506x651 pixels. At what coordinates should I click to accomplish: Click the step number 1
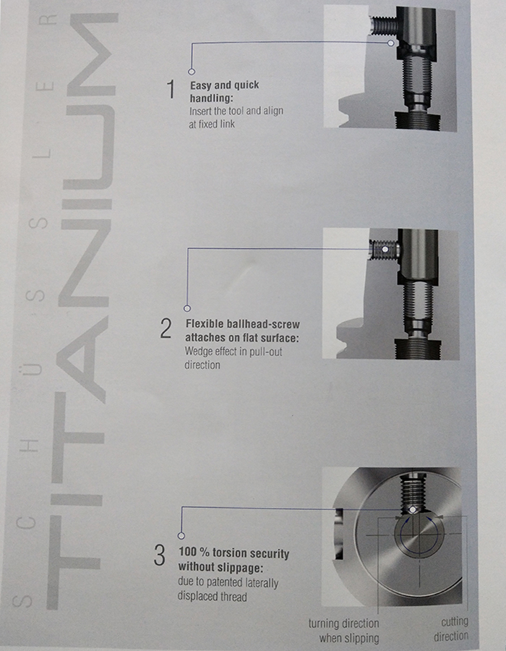pos(171,90)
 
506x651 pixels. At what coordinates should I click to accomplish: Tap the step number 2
pos(166,329)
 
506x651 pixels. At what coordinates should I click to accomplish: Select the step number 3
pos(160,556)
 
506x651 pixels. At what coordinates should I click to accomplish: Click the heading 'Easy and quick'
pos(224,85)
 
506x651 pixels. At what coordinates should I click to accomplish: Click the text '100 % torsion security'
pos(233,553)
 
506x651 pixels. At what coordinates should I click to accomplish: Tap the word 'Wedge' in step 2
pos(200,353)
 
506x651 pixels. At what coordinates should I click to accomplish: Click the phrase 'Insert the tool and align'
pos(236,111)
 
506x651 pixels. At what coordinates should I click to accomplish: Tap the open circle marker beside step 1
pos(192,71)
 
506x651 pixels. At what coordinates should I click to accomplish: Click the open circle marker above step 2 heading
pos(187,307)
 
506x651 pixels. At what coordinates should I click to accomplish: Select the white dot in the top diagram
pos(391,43)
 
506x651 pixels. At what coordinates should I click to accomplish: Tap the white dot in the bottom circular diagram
pos(410,510)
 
